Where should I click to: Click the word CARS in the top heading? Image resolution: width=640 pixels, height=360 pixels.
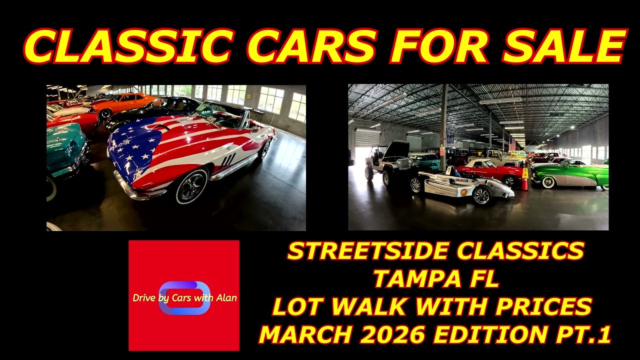(x=311, y=46)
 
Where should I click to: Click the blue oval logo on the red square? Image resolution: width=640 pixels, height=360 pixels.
(x=184, y=298)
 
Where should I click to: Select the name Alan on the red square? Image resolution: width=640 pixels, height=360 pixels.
(x=226, y=298)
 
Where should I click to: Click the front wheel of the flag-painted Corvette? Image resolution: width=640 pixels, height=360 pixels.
(x=191, y=186)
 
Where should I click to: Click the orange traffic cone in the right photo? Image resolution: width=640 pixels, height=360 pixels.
(x=524, y=180)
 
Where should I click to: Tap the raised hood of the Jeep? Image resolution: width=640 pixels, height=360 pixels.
(x=396, y=149)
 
